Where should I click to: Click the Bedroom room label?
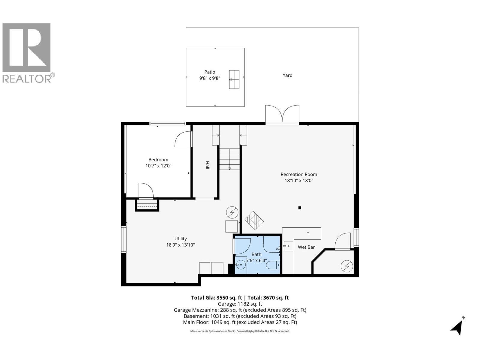158,160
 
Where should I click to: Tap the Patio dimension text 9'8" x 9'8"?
210,78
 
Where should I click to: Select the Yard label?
287,75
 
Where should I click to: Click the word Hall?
207,165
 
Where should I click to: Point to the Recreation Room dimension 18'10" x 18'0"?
298,181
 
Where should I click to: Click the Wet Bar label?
306,247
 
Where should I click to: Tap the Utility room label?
181,239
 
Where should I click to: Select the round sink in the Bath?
241,265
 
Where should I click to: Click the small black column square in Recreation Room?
299,208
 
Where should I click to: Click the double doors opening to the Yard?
282,115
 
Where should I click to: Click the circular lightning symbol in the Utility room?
232,212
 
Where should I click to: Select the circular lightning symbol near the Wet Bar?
347,266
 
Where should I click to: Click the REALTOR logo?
27,52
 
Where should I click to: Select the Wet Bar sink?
288,246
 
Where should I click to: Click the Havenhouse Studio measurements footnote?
240,331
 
